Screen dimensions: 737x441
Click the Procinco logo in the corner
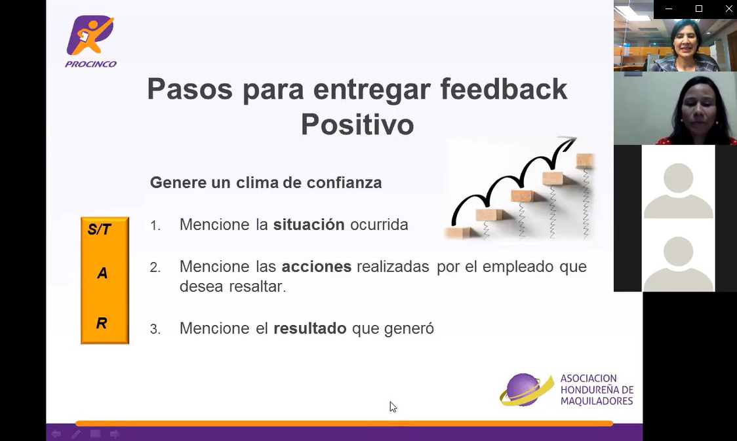pyautogui.click(x=90, y=42)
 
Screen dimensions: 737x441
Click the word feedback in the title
pyautogui.click(x=504, y=89)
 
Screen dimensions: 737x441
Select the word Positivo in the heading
pyautogui.click(x=357, y=125)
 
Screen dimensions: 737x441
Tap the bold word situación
pyautogui.click(x=309, y=225)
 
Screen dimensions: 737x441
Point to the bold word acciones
pyautogui.click(x=316, y=267)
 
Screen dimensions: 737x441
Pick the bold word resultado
pyautogui.click(x=309, y=328)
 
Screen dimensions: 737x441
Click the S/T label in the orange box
pyautogui.click(x=99, y=229)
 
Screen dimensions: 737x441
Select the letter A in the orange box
pyautogui.click(x=102, y=273)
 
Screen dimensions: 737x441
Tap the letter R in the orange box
pyautogui.click(x=102, y=323)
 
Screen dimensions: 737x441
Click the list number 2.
pyautogui.click(x=155, y=268)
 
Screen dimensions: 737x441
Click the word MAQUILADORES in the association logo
pyautogui.click(x=597, y=401)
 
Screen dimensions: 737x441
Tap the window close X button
pyautogui.click(x=728, y=9)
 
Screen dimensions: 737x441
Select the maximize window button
pyautogui.click(x=699, y=9)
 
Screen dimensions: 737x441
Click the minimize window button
pyautogui.click(x=669, y=9)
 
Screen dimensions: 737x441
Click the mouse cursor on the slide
pyautogui.click(x=393, y=407)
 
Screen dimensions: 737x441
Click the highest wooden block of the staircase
pyautogui.click(x=585, y=160)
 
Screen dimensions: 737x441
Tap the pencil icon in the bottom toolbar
pyautogui.click(x=75, y=434)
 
